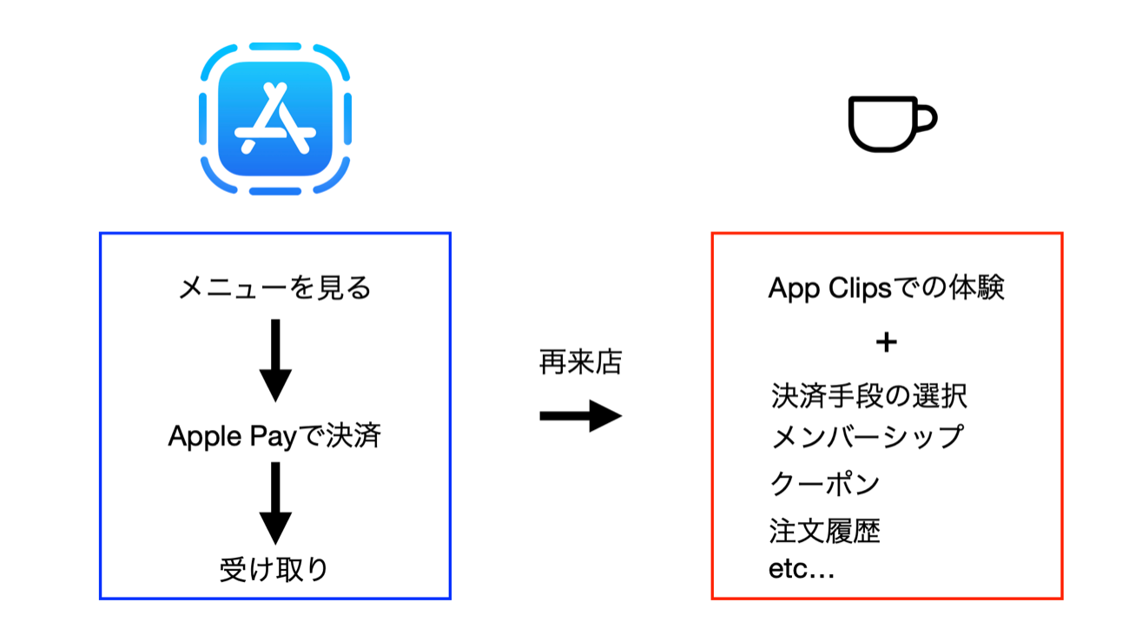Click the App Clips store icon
(x=275, y=119)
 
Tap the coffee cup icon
(x=886, y=123)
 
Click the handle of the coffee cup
(x=926, y=118)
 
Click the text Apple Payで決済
(x=274, y=436)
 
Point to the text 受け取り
(x=274, y=569)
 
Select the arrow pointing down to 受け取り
(x=275, y=503)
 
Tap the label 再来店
(x=580, y=363)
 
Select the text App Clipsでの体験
(x=886, y=288)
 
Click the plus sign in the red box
(x=886, y=342)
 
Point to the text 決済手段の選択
(x=868, y=396)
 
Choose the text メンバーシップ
(x=867, y=436)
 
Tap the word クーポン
(x=825, y=484)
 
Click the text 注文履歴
(x=825, y=530)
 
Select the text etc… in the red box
(x=802, y=570)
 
